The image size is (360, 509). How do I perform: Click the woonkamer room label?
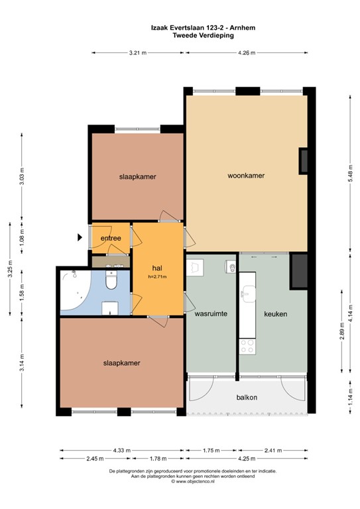(246, 176)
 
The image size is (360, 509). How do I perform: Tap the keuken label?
(274, 314)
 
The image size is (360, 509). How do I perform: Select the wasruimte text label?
(211, 315)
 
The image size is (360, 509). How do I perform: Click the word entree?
(110, 239)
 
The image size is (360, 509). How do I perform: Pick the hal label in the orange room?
(157, 268)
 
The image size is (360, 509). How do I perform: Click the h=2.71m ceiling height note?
(157, 277)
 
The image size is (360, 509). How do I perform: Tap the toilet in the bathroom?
(111, 282)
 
